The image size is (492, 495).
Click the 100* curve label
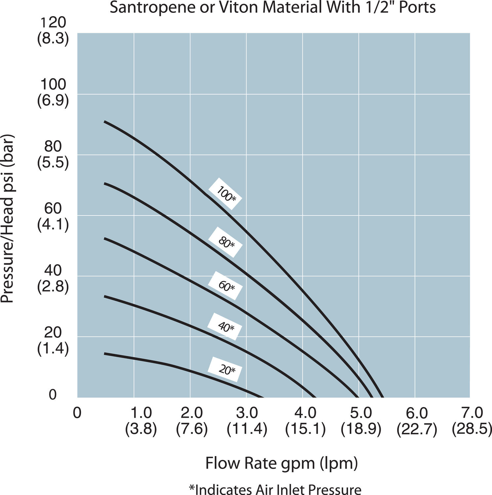coord(226,194)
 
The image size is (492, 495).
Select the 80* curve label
coord(226,242)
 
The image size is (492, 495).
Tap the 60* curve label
coord(226,285)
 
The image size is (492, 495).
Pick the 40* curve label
coord(225,326)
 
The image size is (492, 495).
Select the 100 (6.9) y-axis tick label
coord(53,93)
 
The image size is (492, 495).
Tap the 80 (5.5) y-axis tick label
coord(53,154)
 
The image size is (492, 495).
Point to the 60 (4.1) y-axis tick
coord(53,216)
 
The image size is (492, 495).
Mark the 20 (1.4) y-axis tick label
coord(53,340)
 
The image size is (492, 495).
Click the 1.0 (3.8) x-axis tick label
coord(141,421)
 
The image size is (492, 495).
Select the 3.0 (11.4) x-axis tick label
coord(247,421)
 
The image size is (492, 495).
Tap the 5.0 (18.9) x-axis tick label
coord(361,421)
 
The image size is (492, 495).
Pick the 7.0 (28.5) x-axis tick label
coord(472,421)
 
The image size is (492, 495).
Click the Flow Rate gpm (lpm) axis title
coord(282,463)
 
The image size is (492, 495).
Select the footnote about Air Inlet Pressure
coord(275,489)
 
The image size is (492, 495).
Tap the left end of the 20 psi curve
coord(105,354)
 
